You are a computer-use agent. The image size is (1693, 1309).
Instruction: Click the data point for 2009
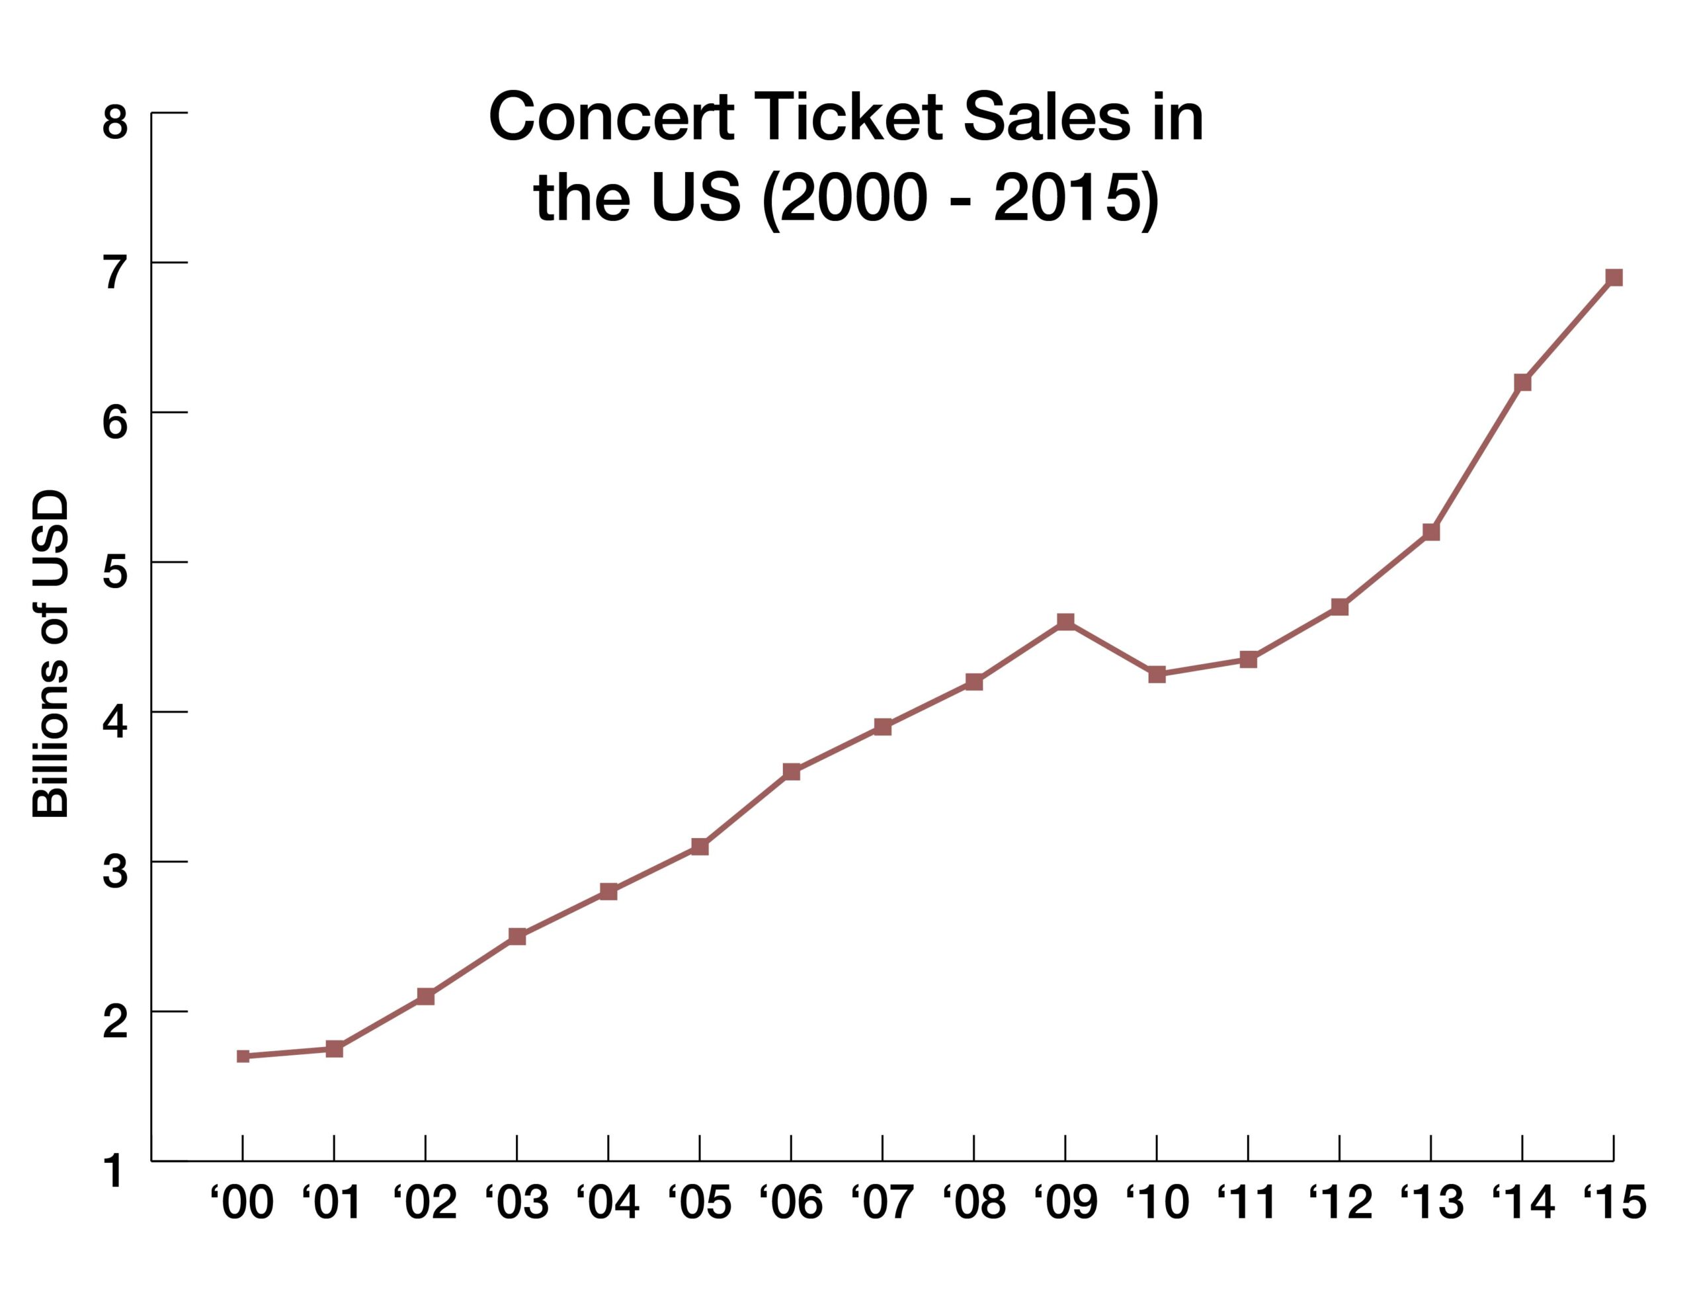pos(1065,622)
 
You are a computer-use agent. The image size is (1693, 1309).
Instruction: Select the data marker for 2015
pos(1613,278)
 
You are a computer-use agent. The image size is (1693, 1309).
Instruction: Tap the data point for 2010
pos(1157,674)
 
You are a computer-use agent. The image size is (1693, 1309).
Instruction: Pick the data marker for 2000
pos(243,1056)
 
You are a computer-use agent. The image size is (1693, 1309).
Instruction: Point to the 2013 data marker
pos(1431,532)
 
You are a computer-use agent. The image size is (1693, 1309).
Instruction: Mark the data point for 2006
pos(791,772)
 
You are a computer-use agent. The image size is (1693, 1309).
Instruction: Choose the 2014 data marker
pos(1522,382)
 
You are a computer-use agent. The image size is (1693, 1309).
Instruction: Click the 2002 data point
pos(425,997)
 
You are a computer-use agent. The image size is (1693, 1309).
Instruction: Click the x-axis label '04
pos(608,1203)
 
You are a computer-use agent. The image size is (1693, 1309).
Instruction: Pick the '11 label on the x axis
pos(1247,1203)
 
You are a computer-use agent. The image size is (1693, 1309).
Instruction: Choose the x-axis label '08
pos(973,1203)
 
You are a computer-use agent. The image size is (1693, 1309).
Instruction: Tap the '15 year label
pos(1613,1203)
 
